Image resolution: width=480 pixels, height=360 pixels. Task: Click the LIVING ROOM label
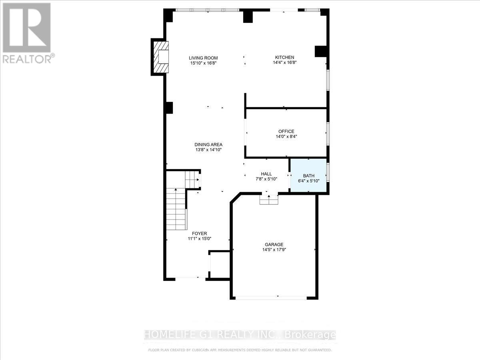click(x=204, y=58)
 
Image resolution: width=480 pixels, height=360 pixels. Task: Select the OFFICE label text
click(x=286, y=131)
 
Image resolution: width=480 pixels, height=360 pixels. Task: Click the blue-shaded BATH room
click(x=308, y=176)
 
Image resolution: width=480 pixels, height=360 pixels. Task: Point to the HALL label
click(x=266, y=174)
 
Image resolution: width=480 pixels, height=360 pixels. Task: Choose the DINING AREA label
click(x=208, y=144)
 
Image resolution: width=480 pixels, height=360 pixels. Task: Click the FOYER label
click(x=199, y=234)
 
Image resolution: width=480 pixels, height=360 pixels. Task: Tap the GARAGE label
click(x=274, y=244)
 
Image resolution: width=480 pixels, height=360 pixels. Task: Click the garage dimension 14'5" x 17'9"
click(x=274, y=250)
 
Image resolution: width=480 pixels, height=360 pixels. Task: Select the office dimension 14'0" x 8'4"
click(x=286, y=136)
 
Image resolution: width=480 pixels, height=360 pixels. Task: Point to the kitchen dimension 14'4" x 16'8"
click(x=284, y=62)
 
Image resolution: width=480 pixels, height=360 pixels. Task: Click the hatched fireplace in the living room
click(x=160, y=57)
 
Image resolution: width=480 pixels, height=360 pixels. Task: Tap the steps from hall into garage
click(x=268, y=199)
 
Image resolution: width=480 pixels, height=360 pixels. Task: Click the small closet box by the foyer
click(x=220, y=264)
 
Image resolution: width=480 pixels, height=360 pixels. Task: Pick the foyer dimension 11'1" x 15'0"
click(x=199, y=239)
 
